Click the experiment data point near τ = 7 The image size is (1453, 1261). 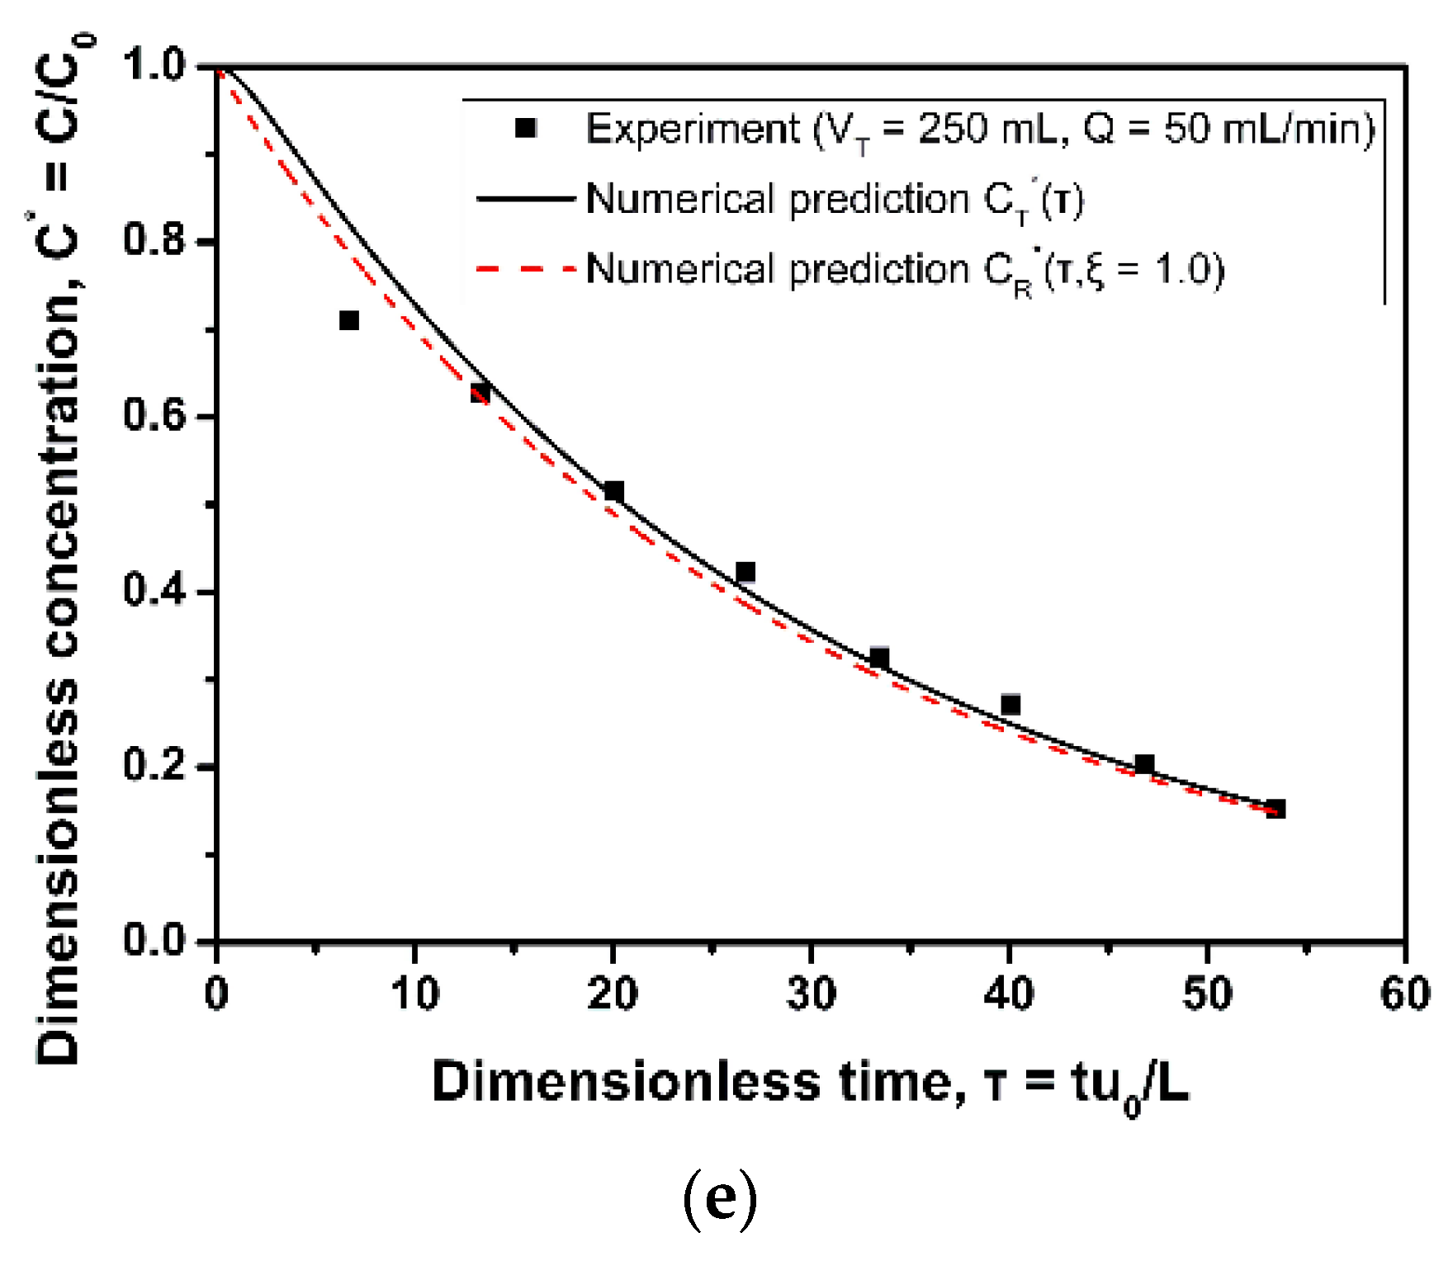point(349,320)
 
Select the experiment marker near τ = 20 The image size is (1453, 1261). point(613,492)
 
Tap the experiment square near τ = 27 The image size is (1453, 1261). point(745,572)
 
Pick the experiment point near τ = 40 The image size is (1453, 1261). point(1010,705)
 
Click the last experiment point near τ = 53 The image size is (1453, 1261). point(1276,809)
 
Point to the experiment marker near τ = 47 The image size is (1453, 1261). point(1144,764)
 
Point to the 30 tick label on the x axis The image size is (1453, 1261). point(811,994)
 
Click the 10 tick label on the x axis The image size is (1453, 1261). point(414,994)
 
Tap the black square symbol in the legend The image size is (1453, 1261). point(526,128)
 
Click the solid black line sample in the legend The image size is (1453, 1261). point(525,199)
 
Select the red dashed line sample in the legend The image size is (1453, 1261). point(525,269)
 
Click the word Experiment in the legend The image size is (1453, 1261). point(692,130)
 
